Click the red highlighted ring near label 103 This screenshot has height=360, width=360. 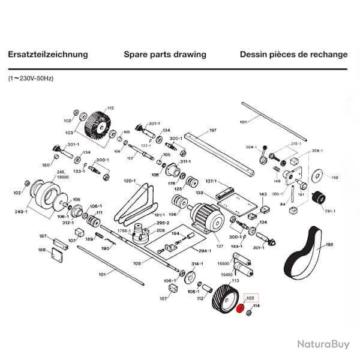click(x=241, y=310)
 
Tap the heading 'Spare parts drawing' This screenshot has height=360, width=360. click(x=164, y=55)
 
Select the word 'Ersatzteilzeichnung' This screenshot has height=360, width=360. click(x=48, y=55)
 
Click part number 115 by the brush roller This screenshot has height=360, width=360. click(x=110, y=108)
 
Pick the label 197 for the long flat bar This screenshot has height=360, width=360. click(x=212, y=130)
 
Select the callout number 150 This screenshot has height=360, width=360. click(x=335, y=178)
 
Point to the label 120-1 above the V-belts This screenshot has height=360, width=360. click(x=130, y=181)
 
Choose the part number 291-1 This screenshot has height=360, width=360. click(x=329, y=211)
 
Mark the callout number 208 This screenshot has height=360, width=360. click(x=161, y=230)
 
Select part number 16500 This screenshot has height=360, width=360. click(x=223, y=263)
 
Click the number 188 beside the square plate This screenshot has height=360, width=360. click(x=43, y=250)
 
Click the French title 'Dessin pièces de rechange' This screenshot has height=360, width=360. click(x=293, y=55)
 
